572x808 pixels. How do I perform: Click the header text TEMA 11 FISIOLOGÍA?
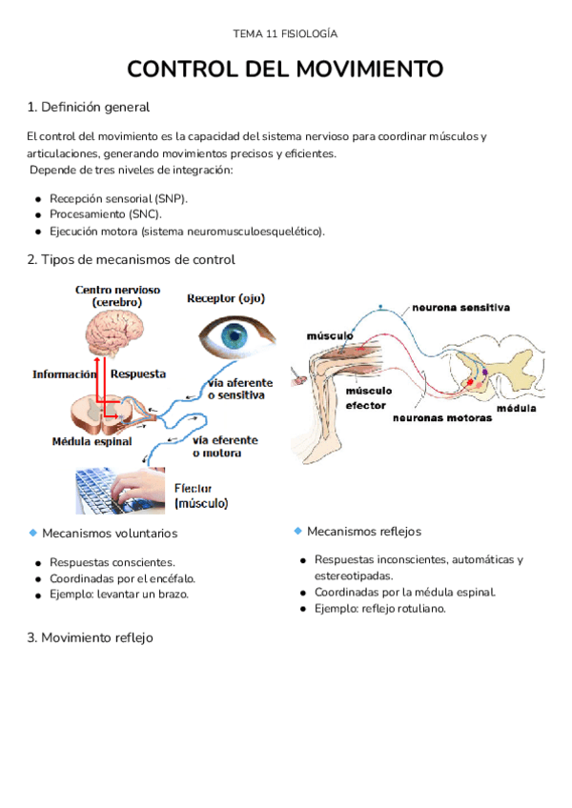point(285,34)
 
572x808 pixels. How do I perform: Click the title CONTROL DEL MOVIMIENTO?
point(285,70)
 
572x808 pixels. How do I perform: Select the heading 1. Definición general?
point(88,107)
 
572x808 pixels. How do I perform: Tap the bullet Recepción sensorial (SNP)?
point(118,198)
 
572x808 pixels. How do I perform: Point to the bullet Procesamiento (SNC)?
point(105,214)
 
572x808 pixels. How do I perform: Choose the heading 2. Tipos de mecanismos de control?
point(131,259)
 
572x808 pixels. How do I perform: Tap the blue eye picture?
point(235,336)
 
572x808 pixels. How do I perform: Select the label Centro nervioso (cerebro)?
point(118,294)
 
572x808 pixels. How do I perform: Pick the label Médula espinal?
point(92,441)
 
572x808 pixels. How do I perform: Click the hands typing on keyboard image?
point(119,489)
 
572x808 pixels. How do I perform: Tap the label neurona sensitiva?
point(460,308)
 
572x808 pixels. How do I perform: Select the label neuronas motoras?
point(441,417)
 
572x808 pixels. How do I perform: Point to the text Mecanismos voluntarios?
point(110,534)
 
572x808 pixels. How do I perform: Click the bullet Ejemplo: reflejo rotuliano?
point(379,609)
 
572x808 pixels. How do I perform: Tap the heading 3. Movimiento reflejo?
point(90,637)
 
